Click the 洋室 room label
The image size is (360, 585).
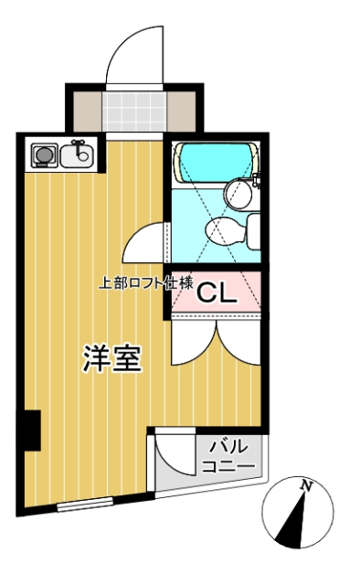111,358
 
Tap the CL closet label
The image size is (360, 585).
217,293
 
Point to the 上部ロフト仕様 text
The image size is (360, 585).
146,283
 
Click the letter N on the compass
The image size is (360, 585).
306,485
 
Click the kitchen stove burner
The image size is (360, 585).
45,154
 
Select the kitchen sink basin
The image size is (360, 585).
78,155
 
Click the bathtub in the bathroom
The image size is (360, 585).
216,163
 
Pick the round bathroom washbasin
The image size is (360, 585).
238,194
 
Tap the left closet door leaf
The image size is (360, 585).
194,343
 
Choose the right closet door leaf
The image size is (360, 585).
238,343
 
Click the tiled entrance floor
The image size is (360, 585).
134,112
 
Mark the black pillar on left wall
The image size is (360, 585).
32,431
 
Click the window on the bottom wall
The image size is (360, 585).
85,504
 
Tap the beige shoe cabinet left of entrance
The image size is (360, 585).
88,112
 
